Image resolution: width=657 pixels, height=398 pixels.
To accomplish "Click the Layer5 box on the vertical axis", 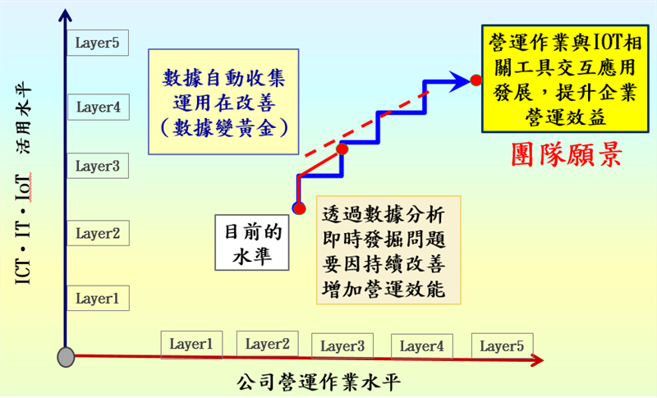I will coord(98,43).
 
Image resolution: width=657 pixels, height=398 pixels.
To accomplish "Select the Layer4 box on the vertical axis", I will coord(98,107).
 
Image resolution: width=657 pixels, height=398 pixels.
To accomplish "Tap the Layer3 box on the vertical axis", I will coord(98,167).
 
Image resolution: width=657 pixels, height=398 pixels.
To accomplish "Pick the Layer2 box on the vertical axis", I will coord(98,234).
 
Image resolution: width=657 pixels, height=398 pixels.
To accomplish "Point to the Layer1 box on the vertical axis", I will coord(98,299).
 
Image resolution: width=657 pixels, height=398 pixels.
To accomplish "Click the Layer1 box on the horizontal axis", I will coord(191,345).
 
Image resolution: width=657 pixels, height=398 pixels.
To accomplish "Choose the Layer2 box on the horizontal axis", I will coord(267,345).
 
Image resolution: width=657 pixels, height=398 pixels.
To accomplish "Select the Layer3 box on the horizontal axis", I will coord(342,345).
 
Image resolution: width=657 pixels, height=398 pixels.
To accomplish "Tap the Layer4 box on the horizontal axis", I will coord(421,345).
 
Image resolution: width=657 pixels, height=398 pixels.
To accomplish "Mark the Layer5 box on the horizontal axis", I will coord(502,345).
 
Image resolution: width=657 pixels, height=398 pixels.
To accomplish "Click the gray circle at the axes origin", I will coord(66,357).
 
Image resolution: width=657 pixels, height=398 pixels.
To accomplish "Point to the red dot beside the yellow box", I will coord(475,80).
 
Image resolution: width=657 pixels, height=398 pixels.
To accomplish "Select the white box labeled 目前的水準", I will coord(254,244).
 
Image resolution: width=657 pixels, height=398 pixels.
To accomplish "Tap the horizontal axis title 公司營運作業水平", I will coord(321,382).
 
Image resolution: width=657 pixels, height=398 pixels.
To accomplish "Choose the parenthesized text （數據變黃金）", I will coord(223,126).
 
